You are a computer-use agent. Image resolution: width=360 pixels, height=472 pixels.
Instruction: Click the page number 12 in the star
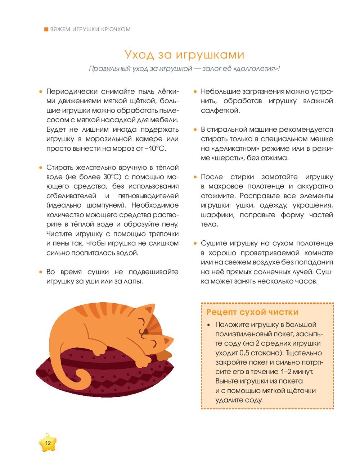[x=48, y=443]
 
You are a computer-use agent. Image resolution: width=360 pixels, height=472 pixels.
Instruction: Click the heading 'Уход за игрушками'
[x=184, y=55]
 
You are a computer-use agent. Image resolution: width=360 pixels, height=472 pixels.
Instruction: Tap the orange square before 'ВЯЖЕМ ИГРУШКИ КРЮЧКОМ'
[x=46, y=29]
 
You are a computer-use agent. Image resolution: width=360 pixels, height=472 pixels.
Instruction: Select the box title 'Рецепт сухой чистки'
[x=252, y=312]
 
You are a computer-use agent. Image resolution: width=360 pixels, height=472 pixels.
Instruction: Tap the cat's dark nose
[x=145, y=330]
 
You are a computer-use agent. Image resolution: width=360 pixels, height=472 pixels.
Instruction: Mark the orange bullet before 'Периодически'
[x=41, y=92]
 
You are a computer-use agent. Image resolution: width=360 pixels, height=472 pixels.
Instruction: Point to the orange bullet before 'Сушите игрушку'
[x=195, y=244]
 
